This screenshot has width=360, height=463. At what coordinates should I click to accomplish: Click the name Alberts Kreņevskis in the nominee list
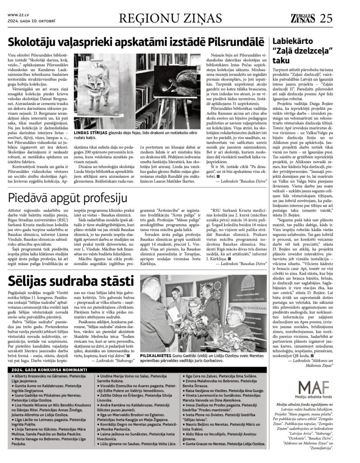[34, 376]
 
